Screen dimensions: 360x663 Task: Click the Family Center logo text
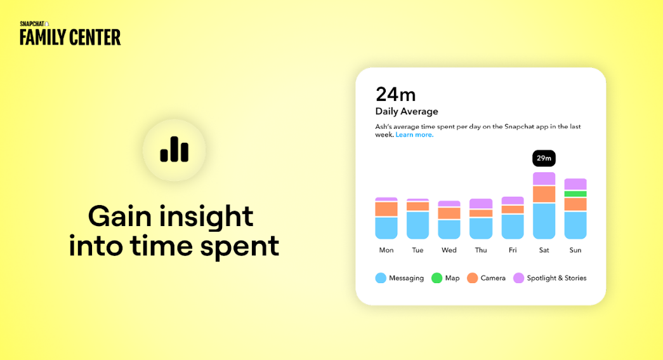coord(70,37)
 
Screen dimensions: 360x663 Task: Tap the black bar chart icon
coord(174,149)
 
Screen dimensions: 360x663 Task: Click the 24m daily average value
coord(395,95)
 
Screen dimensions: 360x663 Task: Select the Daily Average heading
coord(407,112)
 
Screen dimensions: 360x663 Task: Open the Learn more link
coord(414,135)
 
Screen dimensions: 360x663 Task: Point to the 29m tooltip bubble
coord(544,158)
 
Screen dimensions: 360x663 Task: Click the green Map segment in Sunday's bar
coord(575,194)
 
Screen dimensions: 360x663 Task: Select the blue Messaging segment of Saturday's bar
coord(544,221)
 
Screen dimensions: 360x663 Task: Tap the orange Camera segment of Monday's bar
coord(386,209)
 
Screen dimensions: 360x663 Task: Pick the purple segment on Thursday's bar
coord(481,203)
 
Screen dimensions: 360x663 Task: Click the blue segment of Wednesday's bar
coord(449,229)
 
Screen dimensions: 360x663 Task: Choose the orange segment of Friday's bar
coord(513,210)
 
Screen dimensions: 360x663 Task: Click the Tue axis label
coord(417,250)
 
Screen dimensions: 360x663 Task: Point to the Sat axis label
coord(544,250)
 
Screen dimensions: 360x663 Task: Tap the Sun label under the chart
coord(575,250)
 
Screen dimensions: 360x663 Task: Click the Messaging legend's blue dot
coord(381,278)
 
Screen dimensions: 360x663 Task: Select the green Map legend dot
coord(437,278)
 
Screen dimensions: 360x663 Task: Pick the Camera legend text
coord(493,278)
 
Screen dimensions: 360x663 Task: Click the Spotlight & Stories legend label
coord(556,278)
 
